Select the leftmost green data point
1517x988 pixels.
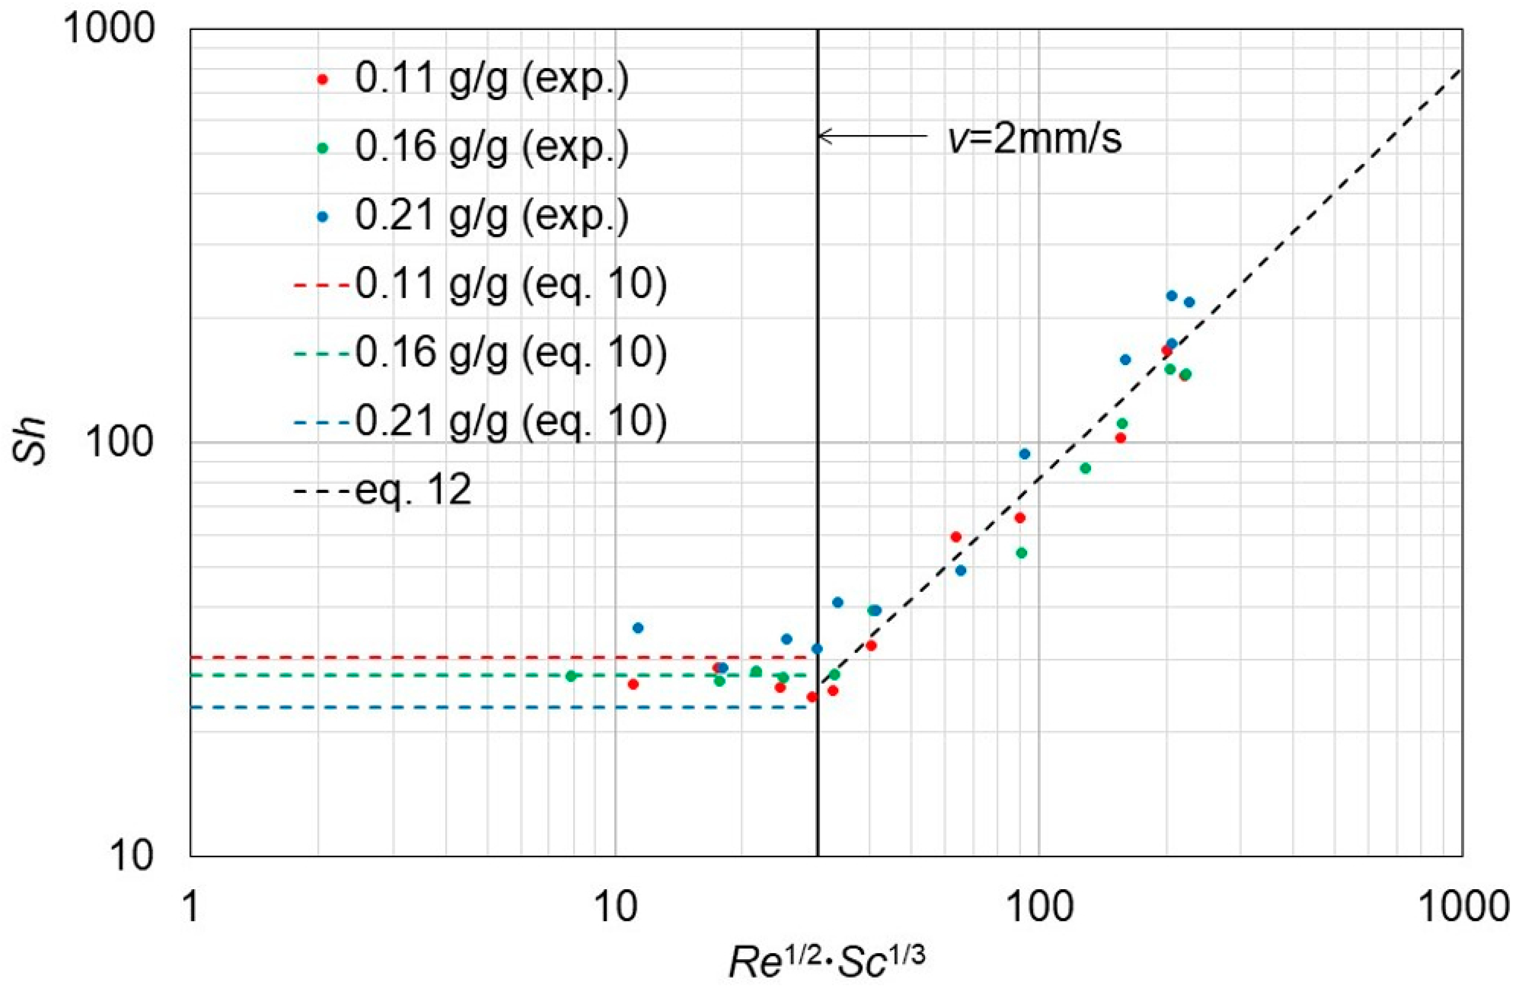pyautogui.click(x=571, y=676)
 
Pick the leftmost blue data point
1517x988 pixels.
pyautogui.click(x=638, y=628)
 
